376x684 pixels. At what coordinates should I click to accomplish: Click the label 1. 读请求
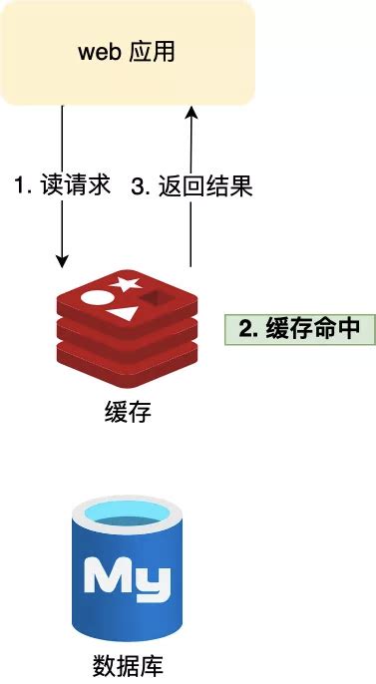point(61,186)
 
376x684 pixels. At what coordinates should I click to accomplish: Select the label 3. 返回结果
point(192,186)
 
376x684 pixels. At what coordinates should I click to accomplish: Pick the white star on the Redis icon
point(127,283)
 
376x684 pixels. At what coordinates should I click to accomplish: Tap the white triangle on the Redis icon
point(123,313)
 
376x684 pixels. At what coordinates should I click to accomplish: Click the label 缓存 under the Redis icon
point(127,412)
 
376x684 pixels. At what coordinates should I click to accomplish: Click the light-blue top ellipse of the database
point(127,516)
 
